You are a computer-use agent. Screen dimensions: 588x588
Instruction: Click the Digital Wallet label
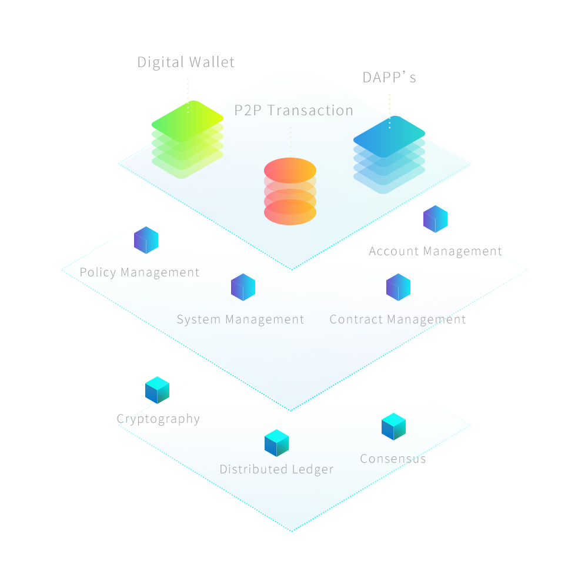click(186, 62)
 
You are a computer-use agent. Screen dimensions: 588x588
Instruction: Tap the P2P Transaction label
click(293, 111)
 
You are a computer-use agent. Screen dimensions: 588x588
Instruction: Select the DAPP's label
click(389, 78)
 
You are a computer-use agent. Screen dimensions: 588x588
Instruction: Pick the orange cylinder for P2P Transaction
click(290, 191)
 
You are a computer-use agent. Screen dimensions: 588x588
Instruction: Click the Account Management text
click(434, 252)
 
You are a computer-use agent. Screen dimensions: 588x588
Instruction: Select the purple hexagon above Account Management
click(435, 219)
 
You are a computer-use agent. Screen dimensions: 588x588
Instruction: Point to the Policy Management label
click(140, 273)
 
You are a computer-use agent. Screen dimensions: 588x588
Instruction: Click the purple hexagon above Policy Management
click(146, 240)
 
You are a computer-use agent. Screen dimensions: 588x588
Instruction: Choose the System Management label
click(240, 320)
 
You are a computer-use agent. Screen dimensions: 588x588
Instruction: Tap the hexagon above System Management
click(243, 287)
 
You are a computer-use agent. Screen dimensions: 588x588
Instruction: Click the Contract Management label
click(397, 320)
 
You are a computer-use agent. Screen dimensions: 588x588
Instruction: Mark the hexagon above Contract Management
click(398, 287)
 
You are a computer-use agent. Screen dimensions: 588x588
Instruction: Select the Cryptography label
click(159, 419)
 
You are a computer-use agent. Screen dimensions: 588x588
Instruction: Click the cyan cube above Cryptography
click(157, 390)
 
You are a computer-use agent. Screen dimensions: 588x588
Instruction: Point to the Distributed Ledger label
click(276, 469)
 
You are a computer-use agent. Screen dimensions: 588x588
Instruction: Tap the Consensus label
click(392, 459)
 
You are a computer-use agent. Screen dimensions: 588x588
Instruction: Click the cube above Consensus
click(393, 427)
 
